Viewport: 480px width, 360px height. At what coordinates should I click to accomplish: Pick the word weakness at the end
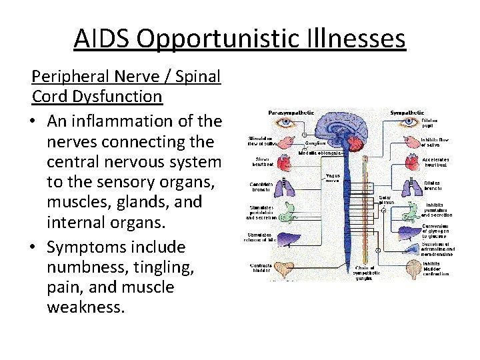pyautogui.click(x=86, y=308)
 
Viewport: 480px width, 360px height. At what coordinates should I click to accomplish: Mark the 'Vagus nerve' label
pyautogui.click(x=333, y=178)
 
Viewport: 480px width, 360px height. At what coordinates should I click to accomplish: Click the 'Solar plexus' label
pyautogui.click(x=386, y=200)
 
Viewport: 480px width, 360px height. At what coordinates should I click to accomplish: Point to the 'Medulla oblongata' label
pyautogui.click(x=321, y=153)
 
